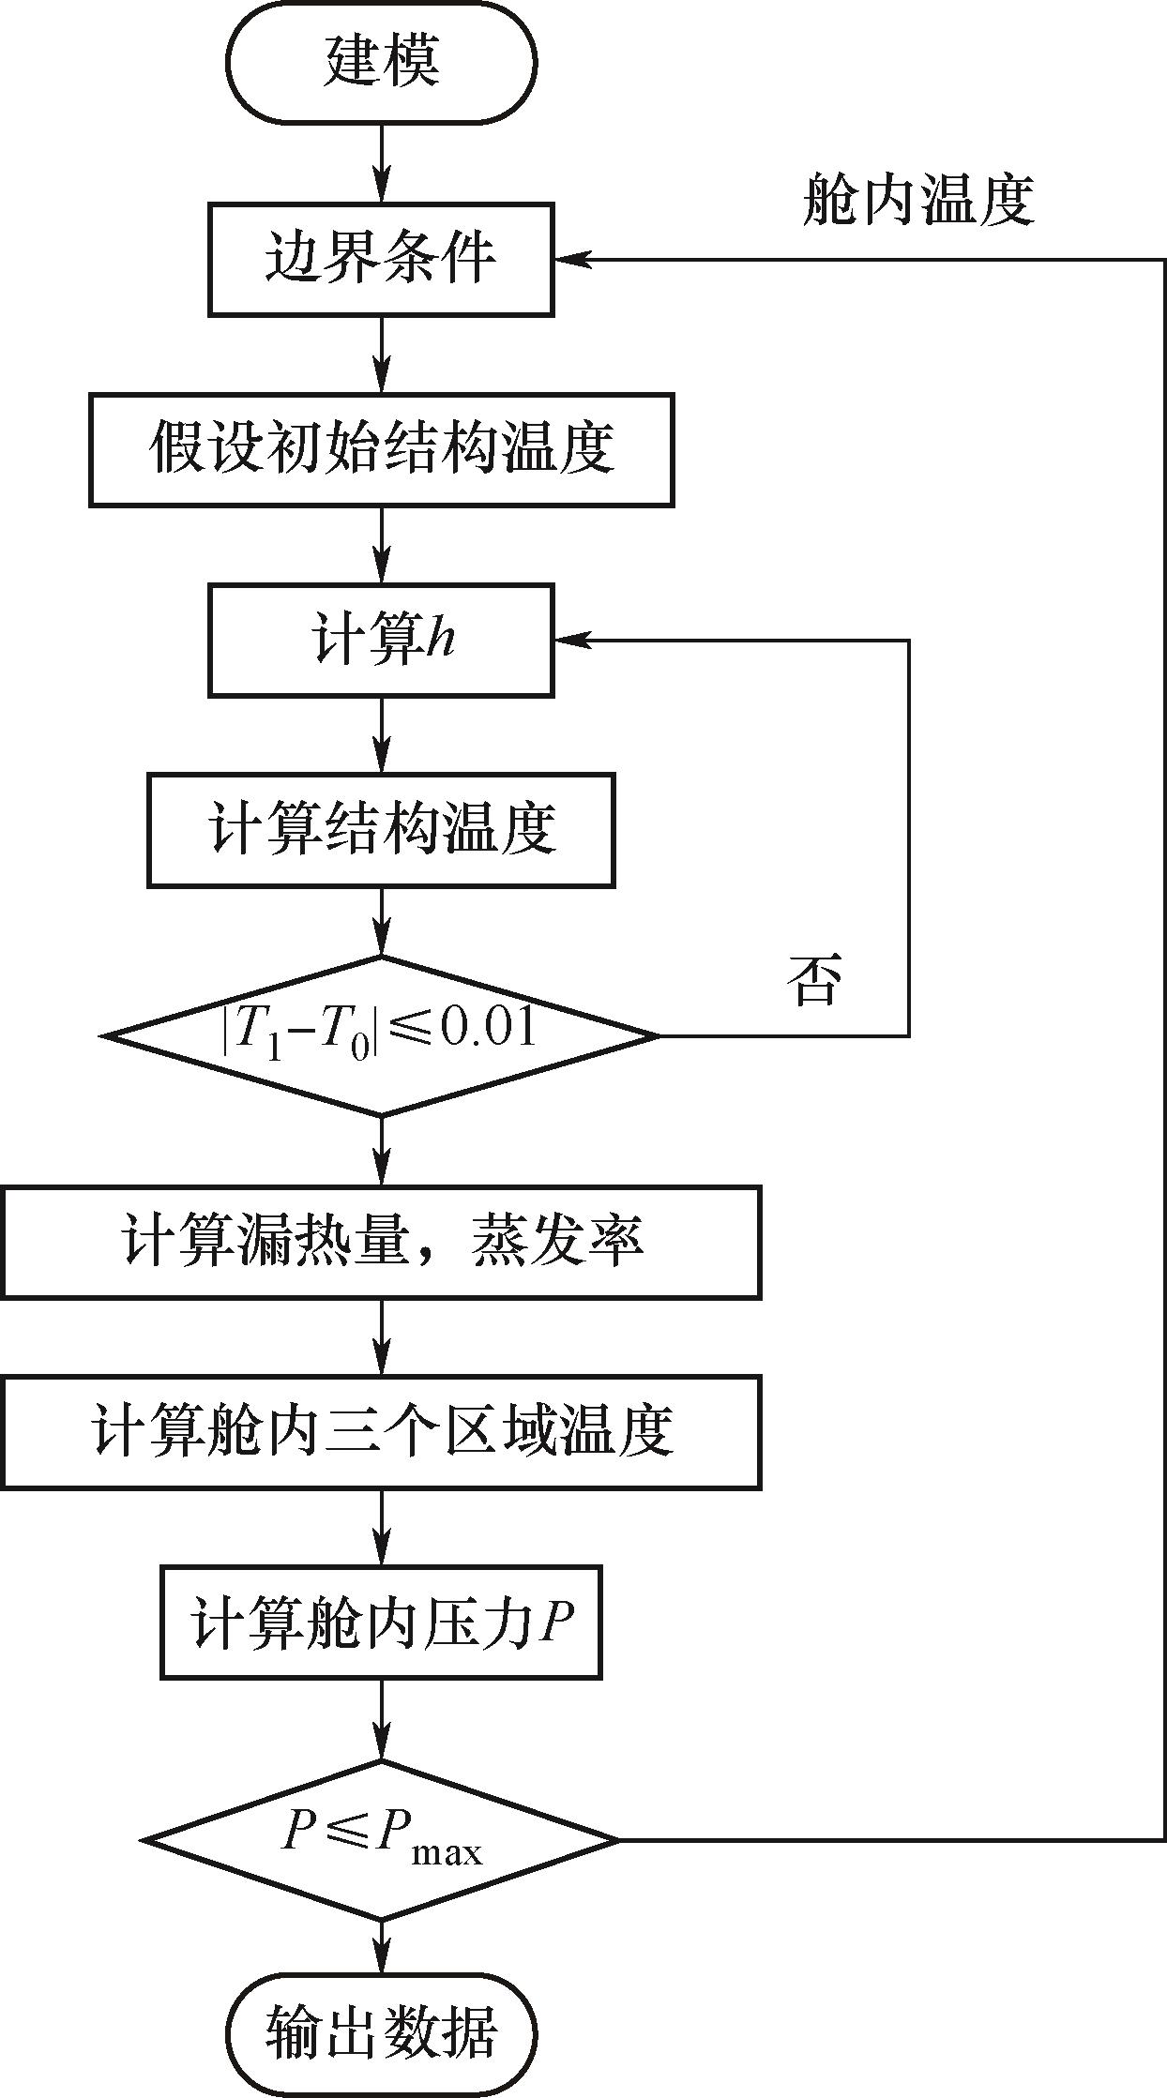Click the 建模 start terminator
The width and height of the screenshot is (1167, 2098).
click(381, 62)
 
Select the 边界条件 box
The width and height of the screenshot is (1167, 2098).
click(381, 259)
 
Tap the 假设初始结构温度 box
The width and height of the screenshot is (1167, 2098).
click(381, 449)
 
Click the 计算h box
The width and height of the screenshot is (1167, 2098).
click(381, 641)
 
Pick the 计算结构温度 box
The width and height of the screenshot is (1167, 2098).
click(381, 830)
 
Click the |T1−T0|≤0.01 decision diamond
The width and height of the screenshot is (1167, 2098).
click(381, 1035)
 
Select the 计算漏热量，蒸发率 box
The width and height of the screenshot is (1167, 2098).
click(381, 1242)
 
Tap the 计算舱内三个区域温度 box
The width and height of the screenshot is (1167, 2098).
click(381, 1432)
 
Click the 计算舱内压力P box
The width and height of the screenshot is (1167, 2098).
click(381, 1623)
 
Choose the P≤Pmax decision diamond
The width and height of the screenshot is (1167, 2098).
click(381, 1839)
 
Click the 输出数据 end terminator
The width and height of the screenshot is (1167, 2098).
click(381, 2032)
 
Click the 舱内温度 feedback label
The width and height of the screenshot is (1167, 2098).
click(917, 201)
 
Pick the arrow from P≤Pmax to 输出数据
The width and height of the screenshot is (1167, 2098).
click(381, 1945)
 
